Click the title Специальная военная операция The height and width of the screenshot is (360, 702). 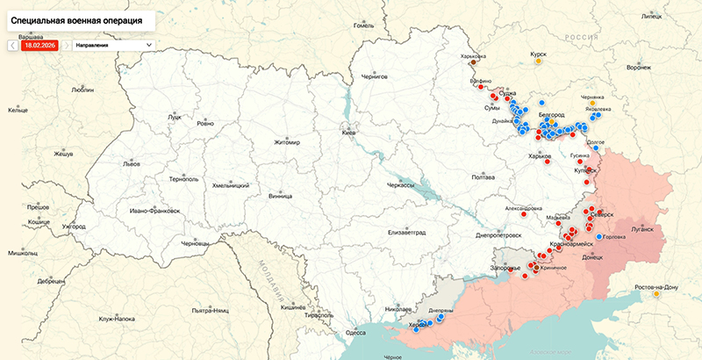point(79,18)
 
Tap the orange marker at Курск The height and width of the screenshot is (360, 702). point(541,61)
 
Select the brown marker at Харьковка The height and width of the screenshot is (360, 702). point(474,63)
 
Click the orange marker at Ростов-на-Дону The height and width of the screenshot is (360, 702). point(656,294)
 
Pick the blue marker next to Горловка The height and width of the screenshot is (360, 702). point(599,237)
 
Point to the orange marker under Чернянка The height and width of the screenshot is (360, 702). point(591,104)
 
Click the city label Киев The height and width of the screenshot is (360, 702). point(348,133)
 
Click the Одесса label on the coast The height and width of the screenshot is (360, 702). point(355,333)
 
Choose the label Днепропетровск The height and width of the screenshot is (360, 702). point(498,234)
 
